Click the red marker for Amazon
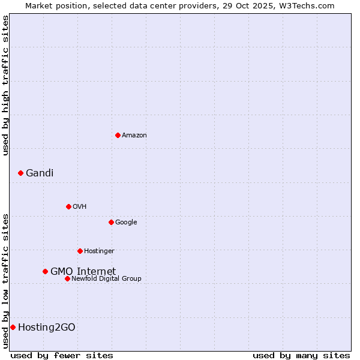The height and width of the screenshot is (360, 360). pyautogui.click(x=118, y=135)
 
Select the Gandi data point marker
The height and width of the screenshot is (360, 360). pyautogui.click(x=20, y=173)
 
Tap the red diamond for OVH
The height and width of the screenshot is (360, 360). pyautogui.click(x=68, y=206)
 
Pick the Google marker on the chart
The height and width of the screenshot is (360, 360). pyautogui.click(x=111, y=222)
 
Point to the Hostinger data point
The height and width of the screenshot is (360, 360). pyautogui.click(x=80, y=251)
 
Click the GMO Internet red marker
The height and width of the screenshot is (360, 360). pyautogui.click(x=45, y=271)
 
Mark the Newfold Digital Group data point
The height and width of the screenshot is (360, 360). pyautogui.click(x=67, y=278)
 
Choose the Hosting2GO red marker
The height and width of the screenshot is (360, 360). pyautogui.click(x=13, y=327)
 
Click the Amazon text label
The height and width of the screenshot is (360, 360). pyautogui.click(x=134, y=135)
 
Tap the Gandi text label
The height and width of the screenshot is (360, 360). pyautogui.click(x=40, y=173)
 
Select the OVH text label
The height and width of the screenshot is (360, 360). pyautogui.click(x=80, y=206)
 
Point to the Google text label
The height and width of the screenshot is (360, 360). pyautogui.click(x=126, y=222)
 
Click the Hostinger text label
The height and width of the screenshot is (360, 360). pyautogui.click(x=99, y=251)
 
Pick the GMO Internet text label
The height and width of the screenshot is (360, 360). pyautogui.click(x=83, y=271)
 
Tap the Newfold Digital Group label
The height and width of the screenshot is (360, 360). pyautogui.click(x=106, y=278)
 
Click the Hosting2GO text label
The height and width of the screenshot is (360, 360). pyautogui.click(x=47, y=327)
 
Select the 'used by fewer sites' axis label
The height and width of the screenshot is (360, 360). pyautogui.click(x=62, y=355)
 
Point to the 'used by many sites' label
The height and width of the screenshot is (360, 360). pyautogui.click(x=301, y=355)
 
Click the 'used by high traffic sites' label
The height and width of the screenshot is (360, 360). pyautogui.click(x=5, y=85)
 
